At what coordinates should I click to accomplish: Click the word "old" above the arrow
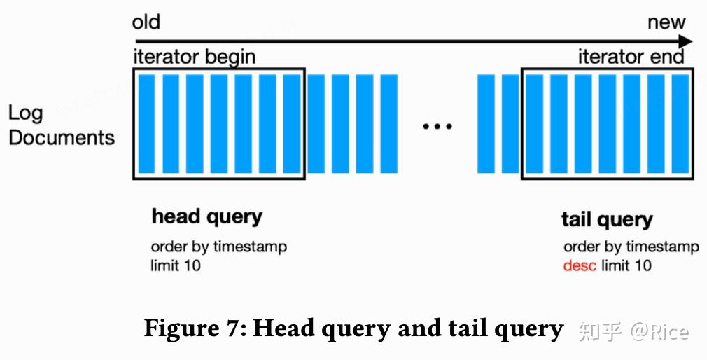146,22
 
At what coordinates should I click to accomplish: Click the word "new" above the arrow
666,22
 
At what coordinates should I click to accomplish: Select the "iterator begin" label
194,57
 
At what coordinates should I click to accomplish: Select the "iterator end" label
631,57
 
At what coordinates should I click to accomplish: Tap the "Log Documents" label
61,125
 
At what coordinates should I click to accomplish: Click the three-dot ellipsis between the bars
437,126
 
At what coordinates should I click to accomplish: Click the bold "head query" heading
206,217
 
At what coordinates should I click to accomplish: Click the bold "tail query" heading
607,219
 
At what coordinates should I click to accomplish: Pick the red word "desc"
580,265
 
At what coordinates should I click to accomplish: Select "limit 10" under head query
176,265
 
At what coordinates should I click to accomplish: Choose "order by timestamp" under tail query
631,247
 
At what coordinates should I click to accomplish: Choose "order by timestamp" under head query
218,247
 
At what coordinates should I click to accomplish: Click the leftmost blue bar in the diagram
146,123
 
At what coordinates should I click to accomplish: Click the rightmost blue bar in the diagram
680,123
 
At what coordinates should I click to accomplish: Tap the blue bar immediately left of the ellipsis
388,123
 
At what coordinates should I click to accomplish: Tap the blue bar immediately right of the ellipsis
486,123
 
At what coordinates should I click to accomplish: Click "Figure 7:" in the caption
194,328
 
